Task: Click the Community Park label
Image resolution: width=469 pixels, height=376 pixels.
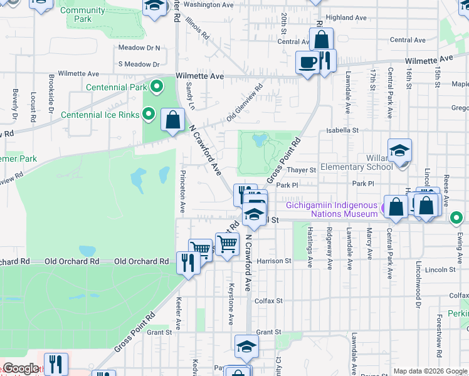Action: pos(83,14)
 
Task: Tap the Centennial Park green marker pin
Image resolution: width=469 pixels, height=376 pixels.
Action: pos(157,87)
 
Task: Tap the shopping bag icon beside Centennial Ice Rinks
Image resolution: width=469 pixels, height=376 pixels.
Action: pos(172,119)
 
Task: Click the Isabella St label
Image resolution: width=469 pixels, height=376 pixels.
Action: pos(341,130)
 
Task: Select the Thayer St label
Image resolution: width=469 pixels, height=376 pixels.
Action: pos(302,170)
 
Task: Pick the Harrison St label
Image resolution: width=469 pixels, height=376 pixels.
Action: pos(274,261)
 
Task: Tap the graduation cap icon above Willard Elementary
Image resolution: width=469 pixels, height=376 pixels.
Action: pos(399,151)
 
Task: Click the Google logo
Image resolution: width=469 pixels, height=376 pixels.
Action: pos(21,368)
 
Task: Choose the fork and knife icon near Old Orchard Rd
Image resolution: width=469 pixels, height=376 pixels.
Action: pos(187,262)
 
